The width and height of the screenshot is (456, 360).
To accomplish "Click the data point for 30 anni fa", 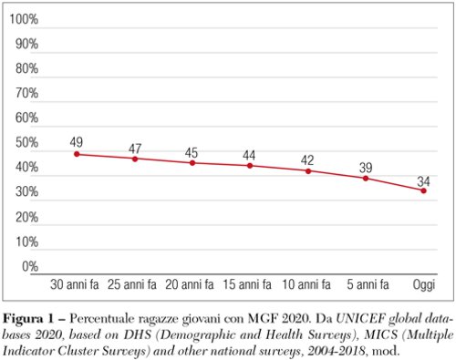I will pyautogui.click(x=77, y=154).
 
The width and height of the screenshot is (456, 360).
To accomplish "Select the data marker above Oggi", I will pyautogui.click(x=423, y=190).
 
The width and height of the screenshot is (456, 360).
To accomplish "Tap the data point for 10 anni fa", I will pyautogui.click(x=308, y=171).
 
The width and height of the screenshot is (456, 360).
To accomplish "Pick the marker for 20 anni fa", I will pyautogui.click(x=192, y=162).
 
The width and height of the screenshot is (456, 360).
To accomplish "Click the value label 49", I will pyautogui.click(x=77, y=141).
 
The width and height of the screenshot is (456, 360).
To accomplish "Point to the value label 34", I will pyautogui.click(x=423, y=178).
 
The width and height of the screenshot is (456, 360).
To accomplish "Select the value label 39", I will pyautogui.click(x=366, y=165).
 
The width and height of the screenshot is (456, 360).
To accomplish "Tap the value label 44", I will pyautogui.click(x=250, y=154).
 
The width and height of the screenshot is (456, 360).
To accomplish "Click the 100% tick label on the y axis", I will pyautogui.click(x=24, y=20).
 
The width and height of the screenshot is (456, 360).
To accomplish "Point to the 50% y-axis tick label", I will pyautogui.click(x=26, y=144).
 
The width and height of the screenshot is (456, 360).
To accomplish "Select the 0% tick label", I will pyautogui.click(x=29, y=267).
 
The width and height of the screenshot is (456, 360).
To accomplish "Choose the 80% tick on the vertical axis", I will pyautogui.click(x=26, y=69).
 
